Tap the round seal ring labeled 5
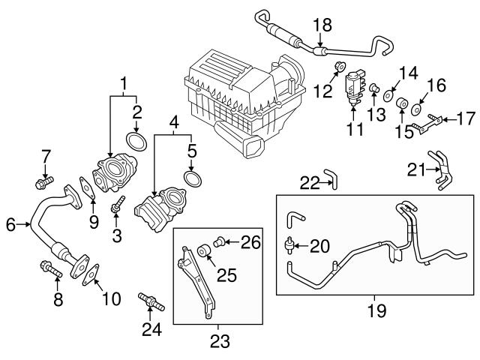click(192, 178)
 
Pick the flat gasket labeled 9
click(88, 187)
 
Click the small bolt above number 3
click(116, 205)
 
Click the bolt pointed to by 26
click(219, 241)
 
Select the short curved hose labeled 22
click(331, 178)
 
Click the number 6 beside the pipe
click(9, 223)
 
